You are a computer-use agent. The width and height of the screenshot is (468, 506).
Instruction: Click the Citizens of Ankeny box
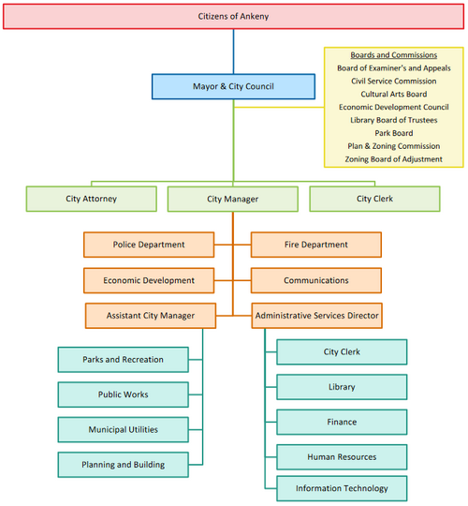click(233, 17)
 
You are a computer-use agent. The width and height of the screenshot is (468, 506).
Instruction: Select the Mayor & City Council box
click(233, 86)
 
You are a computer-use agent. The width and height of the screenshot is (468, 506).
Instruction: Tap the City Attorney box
click(92, 199)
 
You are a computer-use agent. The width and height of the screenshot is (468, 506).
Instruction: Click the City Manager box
click(233, 199)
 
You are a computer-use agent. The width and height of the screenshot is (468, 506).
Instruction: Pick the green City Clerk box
click(374, 199)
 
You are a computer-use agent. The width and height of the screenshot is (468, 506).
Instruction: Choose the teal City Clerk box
click(342, 351)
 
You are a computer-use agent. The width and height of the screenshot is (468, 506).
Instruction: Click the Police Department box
click(149, 245)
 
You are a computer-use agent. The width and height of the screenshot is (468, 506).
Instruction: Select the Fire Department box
click(316, 245)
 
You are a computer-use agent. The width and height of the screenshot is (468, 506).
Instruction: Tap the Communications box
click(316, 280)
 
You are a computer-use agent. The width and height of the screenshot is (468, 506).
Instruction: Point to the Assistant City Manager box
click(151, 316)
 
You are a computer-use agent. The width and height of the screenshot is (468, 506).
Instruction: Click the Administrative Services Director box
click(316, 316)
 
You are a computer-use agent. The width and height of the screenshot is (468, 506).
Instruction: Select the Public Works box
click(124, 394)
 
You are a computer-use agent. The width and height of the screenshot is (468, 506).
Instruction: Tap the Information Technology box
click(342, 488)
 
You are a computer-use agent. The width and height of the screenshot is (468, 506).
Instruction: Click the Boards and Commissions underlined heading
click(394, 55)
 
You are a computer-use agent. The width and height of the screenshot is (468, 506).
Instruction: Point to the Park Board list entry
click(394, 133)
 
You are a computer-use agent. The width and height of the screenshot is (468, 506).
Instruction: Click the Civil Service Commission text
click(394, 81)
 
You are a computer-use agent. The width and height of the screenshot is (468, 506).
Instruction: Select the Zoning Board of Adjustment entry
click(394, 159)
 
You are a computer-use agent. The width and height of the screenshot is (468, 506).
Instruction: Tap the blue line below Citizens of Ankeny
click(233, 52)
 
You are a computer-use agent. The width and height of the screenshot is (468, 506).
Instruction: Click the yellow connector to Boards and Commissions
click(279, 107)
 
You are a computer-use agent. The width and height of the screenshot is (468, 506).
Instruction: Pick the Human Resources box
click(342, 457)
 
